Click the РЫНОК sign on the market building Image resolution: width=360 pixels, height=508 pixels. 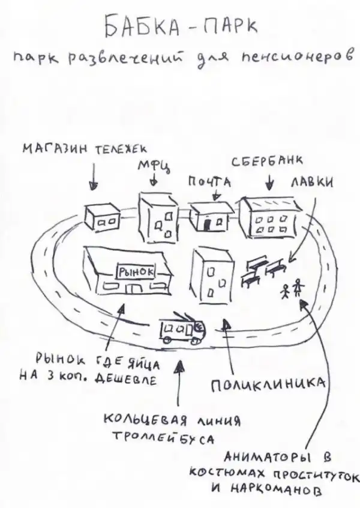tap(137, 271)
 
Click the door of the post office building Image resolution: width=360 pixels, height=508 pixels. tap(206, 223)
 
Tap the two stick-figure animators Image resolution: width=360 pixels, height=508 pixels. tap(292, 290)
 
